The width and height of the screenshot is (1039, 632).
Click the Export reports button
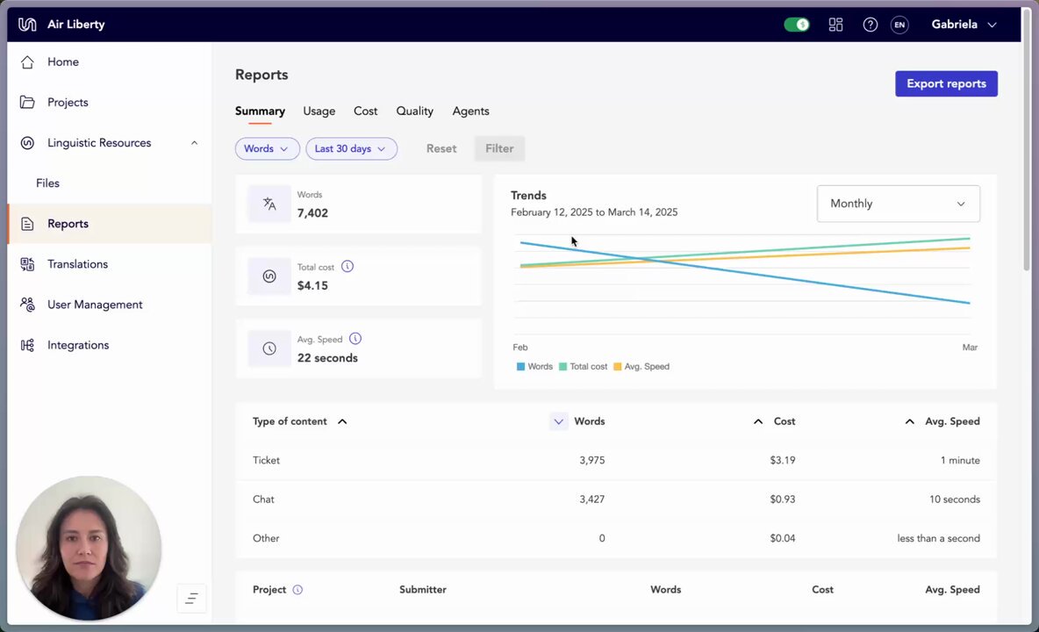coord(946,83)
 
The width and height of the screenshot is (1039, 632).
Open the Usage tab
coord(319,111)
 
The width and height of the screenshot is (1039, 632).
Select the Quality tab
coord(415,111)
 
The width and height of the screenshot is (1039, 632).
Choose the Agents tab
coord(470,111)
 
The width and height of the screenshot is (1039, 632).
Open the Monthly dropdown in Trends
coord(898,204)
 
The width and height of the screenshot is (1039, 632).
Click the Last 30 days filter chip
coord(351,148)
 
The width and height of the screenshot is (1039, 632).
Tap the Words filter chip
coord(267,148)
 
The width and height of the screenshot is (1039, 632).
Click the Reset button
coord(441,148)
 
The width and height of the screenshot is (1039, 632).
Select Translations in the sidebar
coord(77,264)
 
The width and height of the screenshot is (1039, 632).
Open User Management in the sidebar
coord(95,305)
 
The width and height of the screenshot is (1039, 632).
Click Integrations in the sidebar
coord(78,345)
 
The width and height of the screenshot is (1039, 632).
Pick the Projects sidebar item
coord(68,103)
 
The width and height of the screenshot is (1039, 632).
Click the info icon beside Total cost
coord(348,266)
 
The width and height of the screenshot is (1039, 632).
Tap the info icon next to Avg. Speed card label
coord(355,339)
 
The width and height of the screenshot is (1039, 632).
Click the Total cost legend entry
coord(583,366)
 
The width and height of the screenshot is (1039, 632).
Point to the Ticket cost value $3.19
coord(783,461)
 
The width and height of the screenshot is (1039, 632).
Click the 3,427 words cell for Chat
coord(591,499)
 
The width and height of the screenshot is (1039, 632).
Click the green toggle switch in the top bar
coord(797,25)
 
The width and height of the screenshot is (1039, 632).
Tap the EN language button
coord(899,25)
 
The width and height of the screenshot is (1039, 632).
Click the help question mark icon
coord(870,25)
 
